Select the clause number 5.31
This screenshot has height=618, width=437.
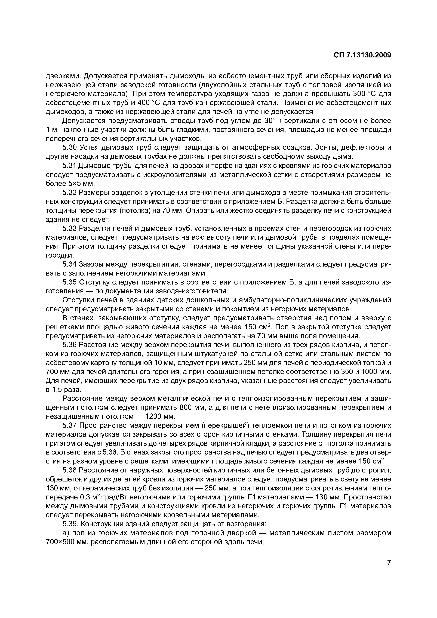pos(70,166)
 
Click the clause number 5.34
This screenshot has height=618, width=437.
pos(70,264)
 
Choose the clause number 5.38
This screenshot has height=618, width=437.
pos(70,470)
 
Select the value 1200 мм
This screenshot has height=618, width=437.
pos(160,416)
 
